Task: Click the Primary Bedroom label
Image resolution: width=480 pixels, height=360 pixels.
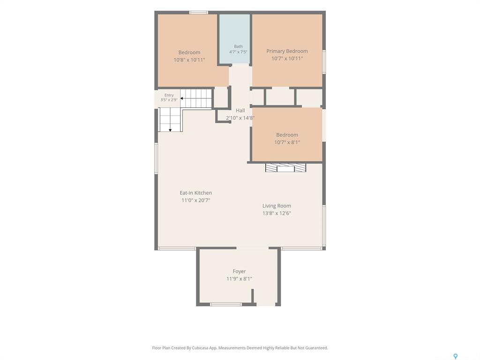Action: tap(287, 51)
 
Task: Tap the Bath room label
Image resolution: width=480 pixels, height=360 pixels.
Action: tap(238, 46)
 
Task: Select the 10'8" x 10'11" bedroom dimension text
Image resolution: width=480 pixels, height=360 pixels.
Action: tap(189, 60)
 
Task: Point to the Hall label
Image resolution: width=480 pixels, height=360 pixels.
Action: tap(240, 111)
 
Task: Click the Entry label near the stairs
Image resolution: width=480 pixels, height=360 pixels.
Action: tap(169, 95)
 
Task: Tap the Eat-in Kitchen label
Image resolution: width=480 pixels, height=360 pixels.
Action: tap(195, 193)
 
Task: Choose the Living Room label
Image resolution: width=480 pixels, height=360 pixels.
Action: tap(277, 206)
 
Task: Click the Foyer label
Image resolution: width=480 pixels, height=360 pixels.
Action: tap(239, 271)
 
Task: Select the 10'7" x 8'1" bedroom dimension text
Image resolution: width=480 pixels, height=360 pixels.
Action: tap(287, 142)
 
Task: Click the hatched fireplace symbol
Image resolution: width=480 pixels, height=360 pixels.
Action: tap(285, 168)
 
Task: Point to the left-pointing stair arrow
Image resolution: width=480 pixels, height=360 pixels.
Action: tap(182, 98)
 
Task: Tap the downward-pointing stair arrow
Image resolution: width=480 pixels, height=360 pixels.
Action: tap(170, 130)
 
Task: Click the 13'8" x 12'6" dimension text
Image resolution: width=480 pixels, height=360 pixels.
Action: tap(277, 213)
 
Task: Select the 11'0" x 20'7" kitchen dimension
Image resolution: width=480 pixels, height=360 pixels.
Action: tap(195, 200)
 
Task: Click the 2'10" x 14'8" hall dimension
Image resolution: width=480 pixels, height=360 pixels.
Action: tap(240, 118)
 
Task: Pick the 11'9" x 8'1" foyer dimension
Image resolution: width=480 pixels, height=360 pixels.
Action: tap(239, 278)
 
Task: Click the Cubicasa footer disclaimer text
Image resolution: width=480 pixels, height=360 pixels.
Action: tap(240, 348)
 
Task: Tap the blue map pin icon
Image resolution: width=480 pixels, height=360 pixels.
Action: tap(455, 356)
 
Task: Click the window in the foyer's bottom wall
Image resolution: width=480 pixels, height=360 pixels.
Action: tap(226, 304)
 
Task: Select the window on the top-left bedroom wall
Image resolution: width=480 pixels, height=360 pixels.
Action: tap(198, 13)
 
